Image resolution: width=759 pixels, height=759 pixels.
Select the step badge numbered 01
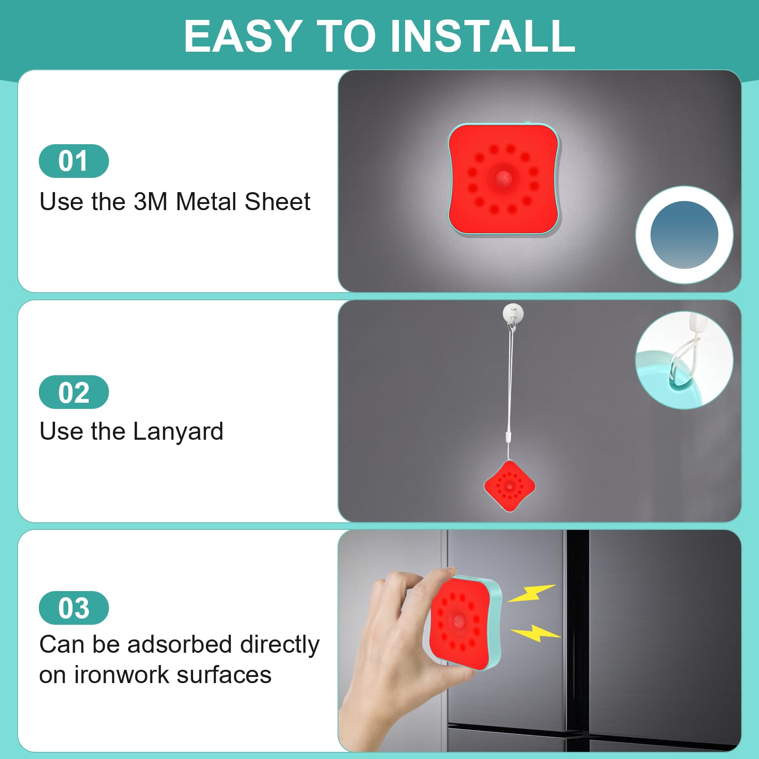click(x=74, y=161)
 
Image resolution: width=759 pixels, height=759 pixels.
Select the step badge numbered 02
click(x=74, y=392)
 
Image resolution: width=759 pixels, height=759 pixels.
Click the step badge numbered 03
click(x=74, y=608)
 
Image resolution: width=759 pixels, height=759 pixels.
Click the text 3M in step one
click(x=150, y=202)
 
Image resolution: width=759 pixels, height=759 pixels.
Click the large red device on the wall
click(x=504, y=179)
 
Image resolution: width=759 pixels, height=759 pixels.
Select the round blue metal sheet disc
click(x=684, y=235)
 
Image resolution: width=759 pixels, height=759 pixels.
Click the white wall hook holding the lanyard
click(x=513, y=313)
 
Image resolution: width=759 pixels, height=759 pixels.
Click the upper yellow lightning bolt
click(x=531, y=593)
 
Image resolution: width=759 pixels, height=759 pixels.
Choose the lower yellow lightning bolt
click(x=535, y=633)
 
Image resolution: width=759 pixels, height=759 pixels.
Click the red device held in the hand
click(x=463, y=621)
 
